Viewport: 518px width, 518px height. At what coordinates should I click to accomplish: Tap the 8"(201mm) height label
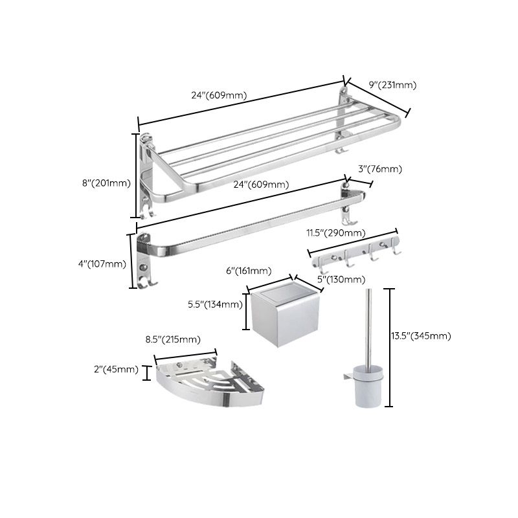pyautogui.click(x=106, y=183)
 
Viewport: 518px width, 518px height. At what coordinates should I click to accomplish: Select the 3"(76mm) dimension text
pyautogui.click(x=380, y=169)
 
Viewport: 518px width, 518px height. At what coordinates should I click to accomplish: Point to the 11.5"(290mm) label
pyautogui.click(x=335, y=232)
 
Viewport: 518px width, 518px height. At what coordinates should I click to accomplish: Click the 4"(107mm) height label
pyautogui.click(x=102, y=263)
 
